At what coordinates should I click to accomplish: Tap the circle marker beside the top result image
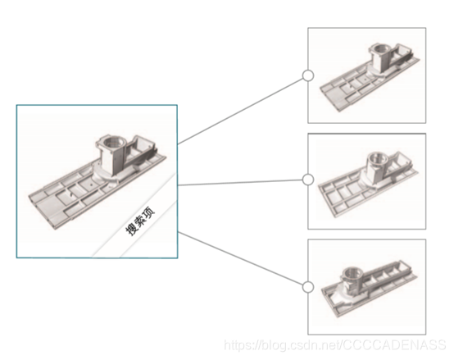[x=308, y=75]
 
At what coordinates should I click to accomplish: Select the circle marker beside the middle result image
[x=308, y=180]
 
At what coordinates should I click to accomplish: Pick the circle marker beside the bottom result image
[x=308, y=287]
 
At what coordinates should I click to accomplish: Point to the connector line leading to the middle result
[x=242, y=182]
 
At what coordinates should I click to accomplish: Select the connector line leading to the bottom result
[x=242, y=260]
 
